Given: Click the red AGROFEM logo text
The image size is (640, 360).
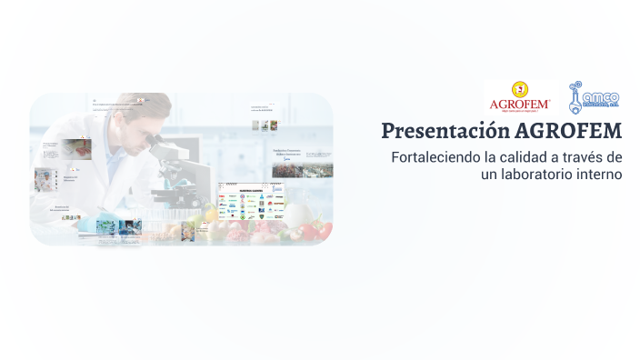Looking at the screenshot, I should coord(518,104).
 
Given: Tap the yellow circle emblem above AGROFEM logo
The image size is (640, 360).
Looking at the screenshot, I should coord(519,89).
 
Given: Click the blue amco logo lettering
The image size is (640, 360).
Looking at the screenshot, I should coord(601,97).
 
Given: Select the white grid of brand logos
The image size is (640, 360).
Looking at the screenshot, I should coord(250,205).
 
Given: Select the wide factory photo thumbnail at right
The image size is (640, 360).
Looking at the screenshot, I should coord(302,169).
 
